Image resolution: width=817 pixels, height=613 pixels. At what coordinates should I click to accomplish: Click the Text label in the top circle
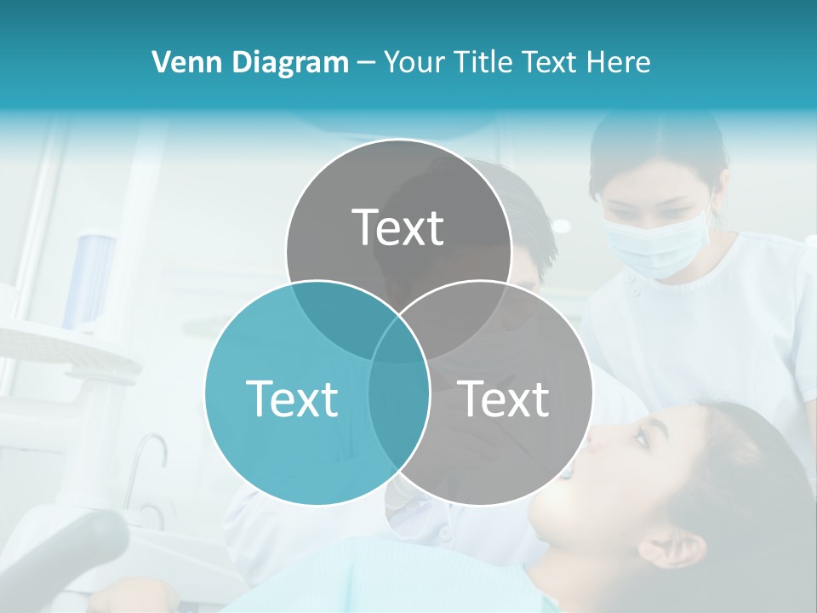[398, 227]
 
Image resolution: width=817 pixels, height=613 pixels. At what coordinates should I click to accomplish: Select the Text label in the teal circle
[292, 398]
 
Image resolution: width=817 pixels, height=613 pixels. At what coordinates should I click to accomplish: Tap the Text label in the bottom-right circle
[503, 398]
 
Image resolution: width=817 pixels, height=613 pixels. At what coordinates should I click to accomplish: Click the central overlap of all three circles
[398, 341]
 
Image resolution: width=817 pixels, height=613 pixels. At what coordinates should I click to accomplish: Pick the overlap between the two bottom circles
[398, 409]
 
